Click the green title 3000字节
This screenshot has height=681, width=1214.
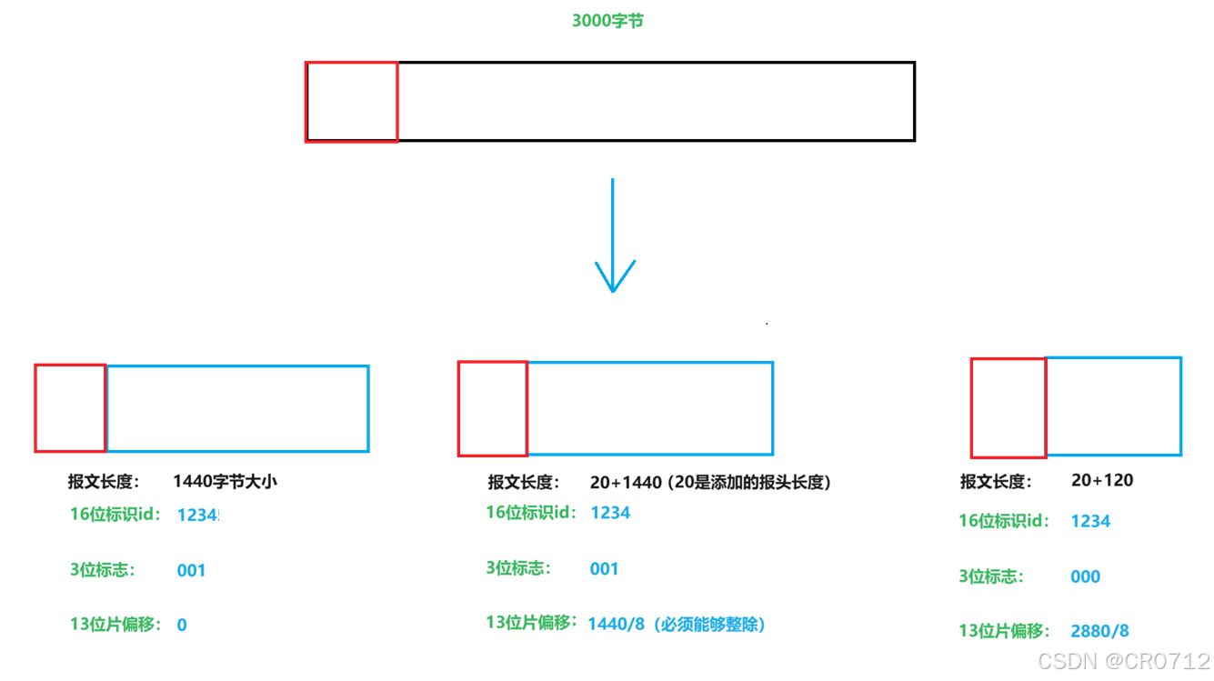(607, 20)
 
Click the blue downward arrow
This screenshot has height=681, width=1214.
(614, 236)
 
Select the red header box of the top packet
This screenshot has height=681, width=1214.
(352, 102)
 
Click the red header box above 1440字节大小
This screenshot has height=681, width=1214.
(70, 408)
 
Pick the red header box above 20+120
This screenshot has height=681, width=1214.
(1008, 408)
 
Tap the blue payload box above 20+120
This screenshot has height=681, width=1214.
(1114, 406)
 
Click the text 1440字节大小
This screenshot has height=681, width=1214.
(225, 481)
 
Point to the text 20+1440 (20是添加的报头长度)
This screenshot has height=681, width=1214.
(710, 482)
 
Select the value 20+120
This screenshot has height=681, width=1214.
(1102, 480)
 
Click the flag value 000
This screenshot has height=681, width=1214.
(1085, 576)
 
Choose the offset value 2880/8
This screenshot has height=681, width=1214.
(1100, 631)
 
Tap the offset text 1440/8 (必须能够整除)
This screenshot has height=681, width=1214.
(676, 624)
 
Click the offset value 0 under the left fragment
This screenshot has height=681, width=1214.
(182, 625)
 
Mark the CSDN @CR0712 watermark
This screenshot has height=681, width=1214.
(1124, 660)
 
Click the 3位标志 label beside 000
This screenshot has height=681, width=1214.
(991, 576)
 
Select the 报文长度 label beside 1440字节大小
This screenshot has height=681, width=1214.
(104, 482)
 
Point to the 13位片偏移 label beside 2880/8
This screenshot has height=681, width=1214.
(1004, 631)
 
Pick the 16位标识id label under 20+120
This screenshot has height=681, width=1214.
(1003, 521)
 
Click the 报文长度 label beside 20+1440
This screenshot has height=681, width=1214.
(524, 482)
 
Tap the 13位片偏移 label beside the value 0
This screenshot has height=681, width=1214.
(115, 625)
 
